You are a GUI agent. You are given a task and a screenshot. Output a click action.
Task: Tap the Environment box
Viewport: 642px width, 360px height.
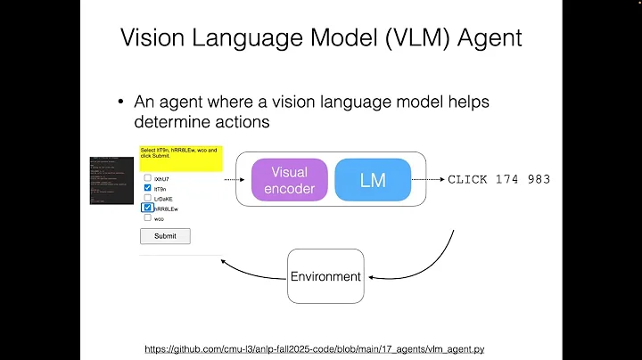coord(325,276)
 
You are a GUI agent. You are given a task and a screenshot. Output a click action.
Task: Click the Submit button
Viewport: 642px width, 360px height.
coord(165,236)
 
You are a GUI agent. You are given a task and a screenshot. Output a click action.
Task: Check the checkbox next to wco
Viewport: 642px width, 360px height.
coord(147,217)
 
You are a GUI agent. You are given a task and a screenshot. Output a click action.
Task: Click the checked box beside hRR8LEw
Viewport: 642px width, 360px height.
coord(147,208)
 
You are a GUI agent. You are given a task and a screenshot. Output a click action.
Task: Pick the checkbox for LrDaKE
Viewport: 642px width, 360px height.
coord(147,198)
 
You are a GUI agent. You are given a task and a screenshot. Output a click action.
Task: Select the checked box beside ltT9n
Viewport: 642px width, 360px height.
coord(147,188)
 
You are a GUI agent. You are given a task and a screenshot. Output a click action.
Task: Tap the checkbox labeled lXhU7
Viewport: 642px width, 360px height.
coord(147,177)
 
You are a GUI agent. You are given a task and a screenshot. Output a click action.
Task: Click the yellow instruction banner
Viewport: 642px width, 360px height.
coord(180,152)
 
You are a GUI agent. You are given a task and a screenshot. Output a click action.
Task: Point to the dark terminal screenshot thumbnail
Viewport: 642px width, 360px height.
coord(111,180)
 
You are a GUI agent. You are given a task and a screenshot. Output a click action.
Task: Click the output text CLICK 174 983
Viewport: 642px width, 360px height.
coord(498,179)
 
